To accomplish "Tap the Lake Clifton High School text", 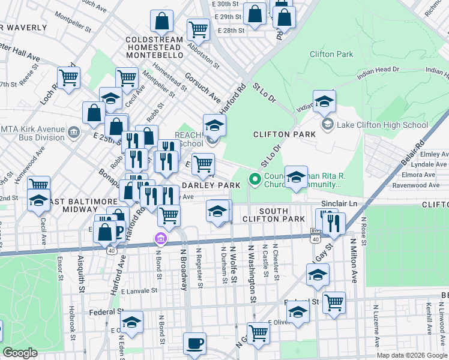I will pos(382,125).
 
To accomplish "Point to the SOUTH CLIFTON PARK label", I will pos(283,215).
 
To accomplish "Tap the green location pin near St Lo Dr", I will pos(255,178).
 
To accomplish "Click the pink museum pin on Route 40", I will pos(160,239).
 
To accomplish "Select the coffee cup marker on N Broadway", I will pos(194,344).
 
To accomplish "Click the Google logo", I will pos(20,353).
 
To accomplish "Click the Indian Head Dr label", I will pos(378,72).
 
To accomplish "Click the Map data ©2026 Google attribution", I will pos(411,355).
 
